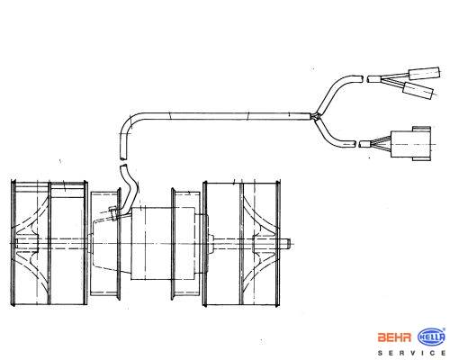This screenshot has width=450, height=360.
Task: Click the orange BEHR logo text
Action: (394, 337)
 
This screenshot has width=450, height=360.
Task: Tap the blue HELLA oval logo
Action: (432, 337)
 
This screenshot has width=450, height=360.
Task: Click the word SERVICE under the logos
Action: (411, 353)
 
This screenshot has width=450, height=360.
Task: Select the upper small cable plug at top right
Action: (425, 73)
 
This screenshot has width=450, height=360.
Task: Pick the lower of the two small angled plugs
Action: (418, 90)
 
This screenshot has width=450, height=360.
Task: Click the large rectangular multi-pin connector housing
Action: (411, 144)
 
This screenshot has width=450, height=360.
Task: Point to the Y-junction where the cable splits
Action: (315, 116)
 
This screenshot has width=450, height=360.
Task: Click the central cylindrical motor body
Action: (163, 243)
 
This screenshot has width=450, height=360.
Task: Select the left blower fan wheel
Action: (49, 243)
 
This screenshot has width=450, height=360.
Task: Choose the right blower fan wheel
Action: (241, 243)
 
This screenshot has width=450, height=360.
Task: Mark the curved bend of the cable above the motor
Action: (130, 123)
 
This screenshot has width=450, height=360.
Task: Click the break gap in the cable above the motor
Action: (123, 162)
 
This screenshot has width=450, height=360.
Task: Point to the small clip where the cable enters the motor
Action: (113, 212)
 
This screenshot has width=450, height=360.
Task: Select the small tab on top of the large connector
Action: (421, 129)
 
